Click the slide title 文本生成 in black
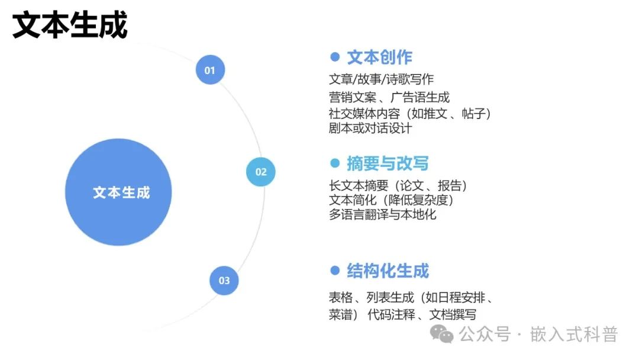(70, 26)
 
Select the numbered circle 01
(210, 70)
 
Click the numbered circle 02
(261, 172)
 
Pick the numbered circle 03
(224, 281)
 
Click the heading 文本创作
(379, 57)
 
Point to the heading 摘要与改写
(388, 164)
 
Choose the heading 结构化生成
(388, 271)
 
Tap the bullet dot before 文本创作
(335, 57)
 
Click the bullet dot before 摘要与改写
(335, 164)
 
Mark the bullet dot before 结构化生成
(335, 271)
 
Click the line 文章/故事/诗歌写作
(382, 79)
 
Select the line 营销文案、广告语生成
(389, 97)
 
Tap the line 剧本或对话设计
(370, 128)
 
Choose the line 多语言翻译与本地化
(382, 214)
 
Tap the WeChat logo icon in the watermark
(442, 335)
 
